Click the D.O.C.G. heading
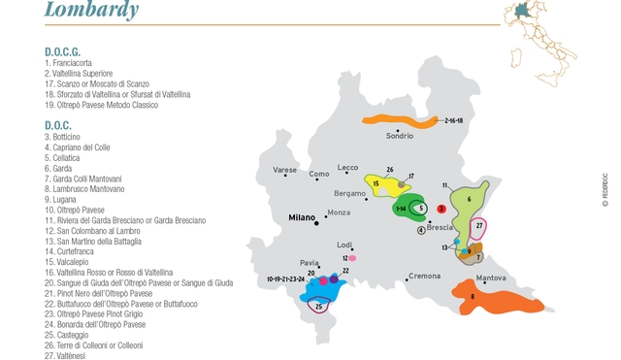(x=62, y=50)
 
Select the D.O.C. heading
(x=57, y=124)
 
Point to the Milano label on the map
(x=302, y=218)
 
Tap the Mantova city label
(x=491, y=278)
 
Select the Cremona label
(x=424, y=277)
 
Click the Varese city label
(x=284, y=170)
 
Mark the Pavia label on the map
(x=310, y=262)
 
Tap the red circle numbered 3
(x=441, y=208)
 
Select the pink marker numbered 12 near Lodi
(x=351, y=258)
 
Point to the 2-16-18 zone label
(x=452, y=120)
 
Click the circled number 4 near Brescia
(x=421, y=230)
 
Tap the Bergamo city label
(x=350, y=193)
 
